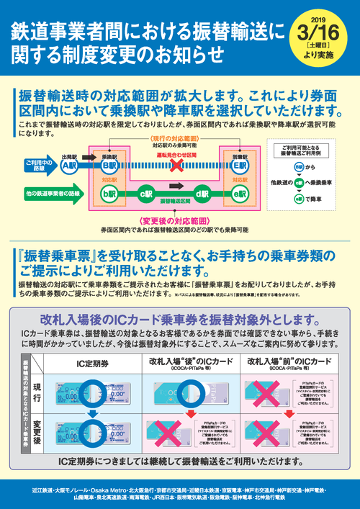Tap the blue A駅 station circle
pyautogui.click(x=69, y=165)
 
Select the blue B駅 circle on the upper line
pyautogui.click(x=109, y=165)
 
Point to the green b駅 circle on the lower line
pyautogui.click(x=109, y=194)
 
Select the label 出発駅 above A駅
pyautogui.click(x=69, y=154)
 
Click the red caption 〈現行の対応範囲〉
pyautogui.click(x=174, y=138)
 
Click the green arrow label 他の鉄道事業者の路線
pyautogui.click(x=45, y=194)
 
